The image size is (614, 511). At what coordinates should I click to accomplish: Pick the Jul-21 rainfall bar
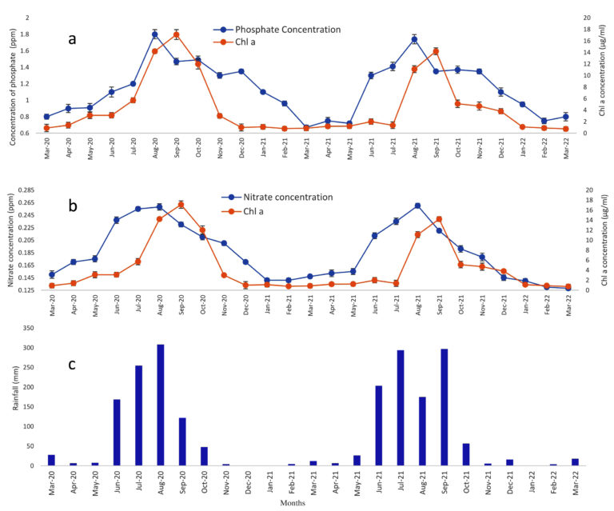click(x=401, y=408)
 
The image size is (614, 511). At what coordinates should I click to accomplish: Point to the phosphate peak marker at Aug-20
click(x=155, y=34)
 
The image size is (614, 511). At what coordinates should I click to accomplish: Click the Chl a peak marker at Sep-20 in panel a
click(x=177, y=35)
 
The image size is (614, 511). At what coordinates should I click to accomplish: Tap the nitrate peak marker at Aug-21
click(x=417, y=206)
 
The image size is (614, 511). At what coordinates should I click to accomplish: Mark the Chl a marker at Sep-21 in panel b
click(x=439, y=219)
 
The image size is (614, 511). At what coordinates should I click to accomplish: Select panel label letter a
click(x=71, y=38)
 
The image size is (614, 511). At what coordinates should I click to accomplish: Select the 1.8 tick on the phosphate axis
click(x=31, y=34)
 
